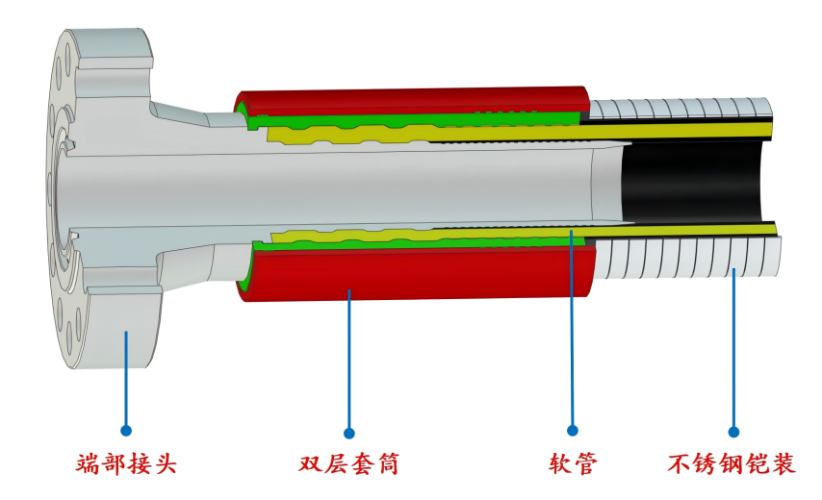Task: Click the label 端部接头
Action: [127, 464]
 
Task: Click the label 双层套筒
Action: [349, 464]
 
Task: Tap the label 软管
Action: [574, 464]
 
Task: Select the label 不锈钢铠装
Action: [732, 464]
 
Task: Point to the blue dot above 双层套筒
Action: [349, 433]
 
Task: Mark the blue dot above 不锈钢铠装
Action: [733, 433]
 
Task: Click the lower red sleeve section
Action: [414, 274]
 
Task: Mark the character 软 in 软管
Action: [560, 464]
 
